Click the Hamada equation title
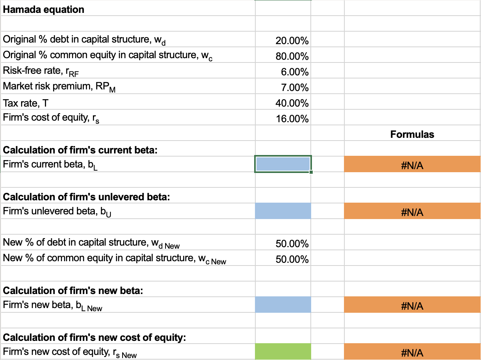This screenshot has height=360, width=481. pos(43,9)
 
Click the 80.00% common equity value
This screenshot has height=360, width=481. pos(292,56)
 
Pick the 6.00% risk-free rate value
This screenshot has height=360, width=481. pos(295,72)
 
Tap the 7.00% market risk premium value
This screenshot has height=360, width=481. pos(295,87)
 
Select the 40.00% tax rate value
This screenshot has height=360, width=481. pos(292,103)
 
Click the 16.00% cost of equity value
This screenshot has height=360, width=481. pos(292,119)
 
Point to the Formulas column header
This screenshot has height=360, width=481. pos(412,134)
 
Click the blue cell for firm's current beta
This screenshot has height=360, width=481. pos(283,164)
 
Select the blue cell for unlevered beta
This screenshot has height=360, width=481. pos(283,211)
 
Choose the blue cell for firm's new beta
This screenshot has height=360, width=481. pos(283,305)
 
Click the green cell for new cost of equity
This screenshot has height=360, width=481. pos(283,352)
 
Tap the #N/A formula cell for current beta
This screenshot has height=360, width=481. pos(412,166)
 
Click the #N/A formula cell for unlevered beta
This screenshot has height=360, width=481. pos(412,212)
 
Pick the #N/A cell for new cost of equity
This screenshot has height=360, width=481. pos(412,353)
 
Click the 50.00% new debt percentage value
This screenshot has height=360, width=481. pos(292,244)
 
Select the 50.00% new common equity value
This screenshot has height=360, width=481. pos(292,259)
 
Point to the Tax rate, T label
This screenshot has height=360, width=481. pos(26,103)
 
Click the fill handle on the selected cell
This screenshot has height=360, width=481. pos(311,172)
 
